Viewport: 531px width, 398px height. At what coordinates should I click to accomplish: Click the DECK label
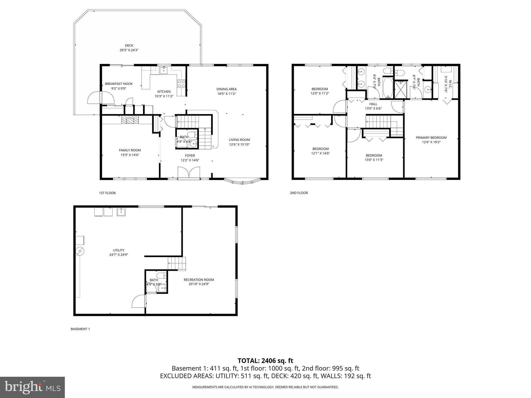click(x=129, y=46)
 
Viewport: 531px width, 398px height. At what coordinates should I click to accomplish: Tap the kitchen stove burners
click(x=181, y=83)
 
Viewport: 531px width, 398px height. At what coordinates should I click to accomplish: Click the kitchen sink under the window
click(x=164, y=70)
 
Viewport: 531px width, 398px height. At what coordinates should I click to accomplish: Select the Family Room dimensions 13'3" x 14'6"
click(x=130, y=155)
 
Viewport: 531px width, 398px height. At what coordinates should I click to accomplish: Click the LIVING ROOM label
click(x=239, y=140)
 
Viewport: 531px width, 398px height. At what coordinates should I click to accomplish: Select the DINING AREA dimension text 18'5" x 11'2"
click(x=226, y=94)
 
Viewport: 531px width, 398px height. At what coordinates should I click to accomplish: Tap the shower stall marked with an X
click(x=401, y=89)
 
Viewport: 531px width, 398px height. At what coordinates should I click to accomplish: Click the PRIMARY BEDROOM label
click(x=431, y=138)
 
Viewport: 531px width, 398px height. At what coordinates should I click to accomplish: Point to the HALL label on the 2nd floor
click(x=373, y=104)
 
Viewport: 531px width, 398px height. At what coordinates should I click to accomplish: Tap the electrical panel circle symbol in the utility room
click(x=80, y=251)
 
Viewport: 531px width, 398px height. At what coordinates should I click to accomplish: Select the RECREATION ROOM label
click(x=199, y=280)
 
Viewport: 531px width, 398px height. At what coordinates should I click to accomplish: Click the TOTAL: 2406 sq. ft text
click(x=265, y=361)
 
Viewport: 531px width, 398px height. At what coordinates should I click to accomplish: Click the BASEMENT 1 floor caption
click(x=80, y=329)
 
